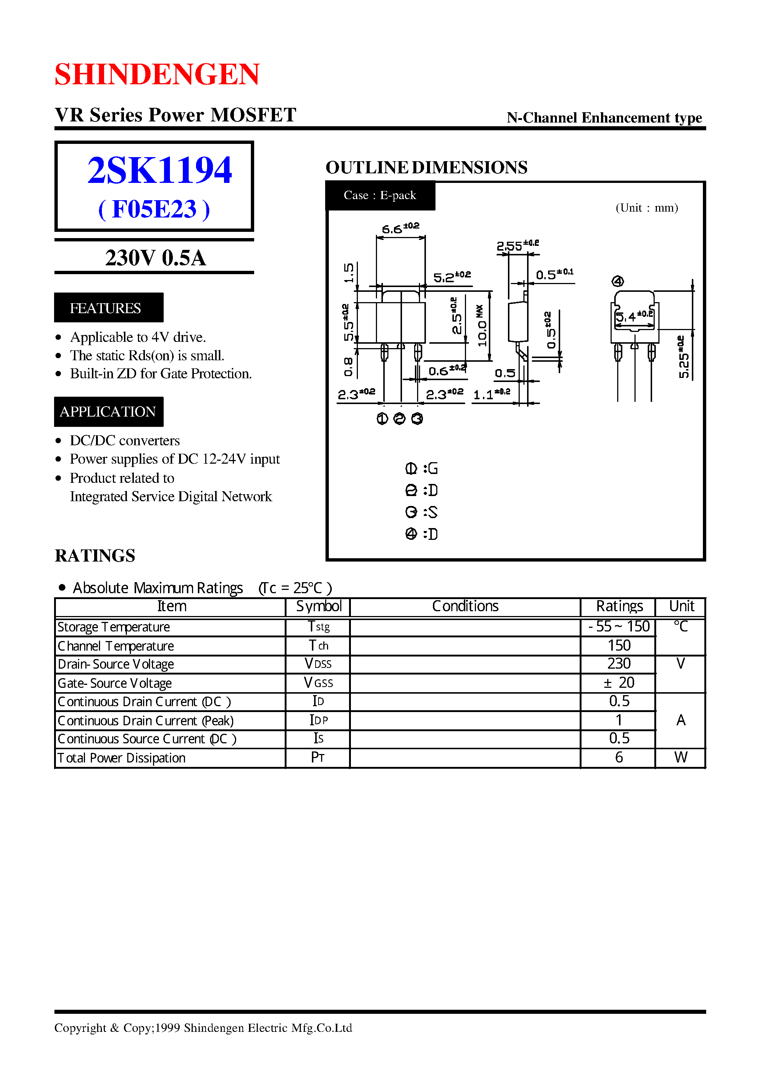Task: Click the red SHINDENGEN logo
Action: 157,74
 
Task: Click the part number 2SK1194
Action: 159,170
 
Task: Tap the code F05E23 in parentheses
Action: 154,209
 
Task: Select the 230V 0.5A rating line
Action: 155,258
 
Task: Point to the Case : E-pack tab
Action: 380,195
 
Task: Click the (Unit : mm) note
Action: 647,208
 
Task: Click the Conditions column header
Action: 465,606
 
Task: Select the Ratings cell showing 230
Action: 619,664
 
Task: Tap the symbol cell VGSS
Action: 318,683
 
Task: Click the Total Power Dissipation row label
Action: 121,758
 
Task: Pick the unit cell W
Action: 680,757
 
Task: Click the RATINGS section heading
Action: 95,556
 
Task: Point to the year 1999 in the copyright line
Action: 167,1028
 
